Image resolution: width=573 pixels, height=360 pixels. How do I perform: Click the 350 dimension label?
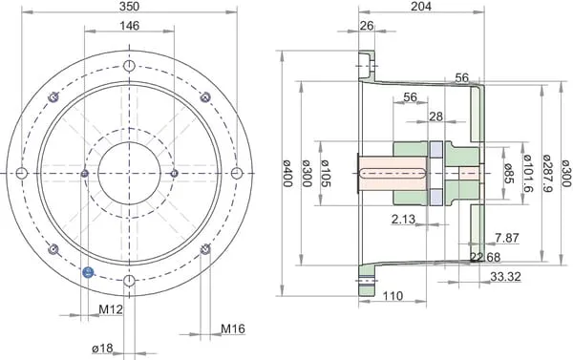pyautogui.click(x=129, y=6)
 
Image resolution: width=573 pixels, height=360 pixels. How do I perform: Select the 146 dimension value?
pyautogui.click(x=129, y=26)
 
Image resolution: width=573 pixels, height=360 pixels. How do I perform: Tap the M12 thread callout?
pyautogui.click(x=111, y=309)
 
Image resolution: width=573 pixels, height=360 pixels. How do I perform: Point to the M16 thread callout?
pyautogui.click(x=233, y=328)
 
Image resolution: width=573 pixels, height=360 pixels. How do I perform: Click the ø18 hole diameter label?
pyautogui.click(x=103, y=349)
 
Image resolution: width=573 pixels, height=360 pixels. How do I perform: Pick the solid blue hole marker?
pyautogui.click(x=88, y=271)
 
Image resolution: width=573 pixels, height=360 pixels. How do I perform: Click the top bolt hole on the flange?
pyautogui.click(x=129, y=66)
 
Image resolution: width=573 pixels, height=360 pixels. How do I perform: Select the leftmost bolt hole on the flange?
pyautogui.click(x=22, y=173)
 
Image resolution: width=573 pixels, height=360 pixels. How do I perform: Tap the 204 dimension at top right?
pyautogui.click(x=421, y=6)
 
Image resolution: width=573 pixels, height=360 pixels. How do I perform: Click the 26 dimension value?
pyautogui.click(x=367, y=26)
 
